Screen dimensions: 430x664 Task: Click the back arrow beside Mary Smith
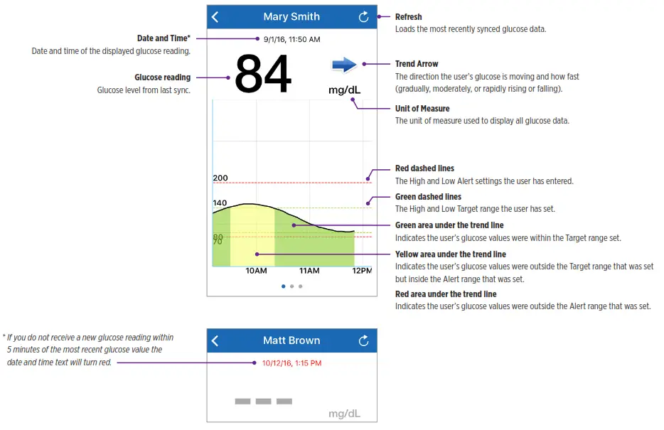tap(215, 17)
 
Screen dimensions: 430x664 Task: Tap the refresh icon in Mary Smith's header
tap(363, 17)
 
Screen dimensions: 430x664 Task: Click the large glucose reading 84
tap(263, 75)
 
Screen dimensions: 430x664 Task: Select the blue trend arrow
tap(344, 65)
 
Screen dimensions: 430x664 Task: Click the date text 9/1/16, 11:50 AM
tap(291, 39)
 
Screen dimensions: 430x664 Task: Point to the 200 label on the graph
tap(220, 178)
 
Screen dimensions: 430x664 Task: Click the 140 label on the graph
tap(220, 203)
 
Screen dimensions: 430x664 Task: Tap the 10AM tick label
tap(256, 271)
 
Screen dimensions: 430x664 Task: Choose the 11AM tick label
tap(309, 271)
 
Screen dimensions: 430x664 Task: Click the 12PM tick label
tap(362, 271)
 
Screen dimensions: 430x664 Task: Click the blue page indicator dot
tap(284, 286)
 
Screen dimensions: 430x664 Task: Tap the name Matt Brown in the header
tap(291, 340)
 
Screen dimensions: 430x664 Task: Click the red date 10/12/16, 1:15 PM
tap(291, 363)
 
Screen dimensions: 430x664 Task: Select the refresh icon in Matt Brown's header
tap(363, 341)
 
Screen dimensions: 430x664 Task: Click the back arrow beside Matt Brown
tap(215, 341)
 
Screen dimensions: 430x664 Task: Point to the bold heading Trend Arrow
tap(417, 64)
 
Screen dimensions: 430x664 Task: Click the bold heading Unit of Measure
tap(422, 109)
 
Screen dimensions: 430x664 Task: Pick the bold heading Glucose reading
tap(162, 77)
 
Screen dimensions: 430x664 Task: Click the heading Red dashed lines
tap(424, 168)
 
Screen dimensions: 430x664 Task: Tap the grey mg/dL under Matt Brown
tap(344, 413)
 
